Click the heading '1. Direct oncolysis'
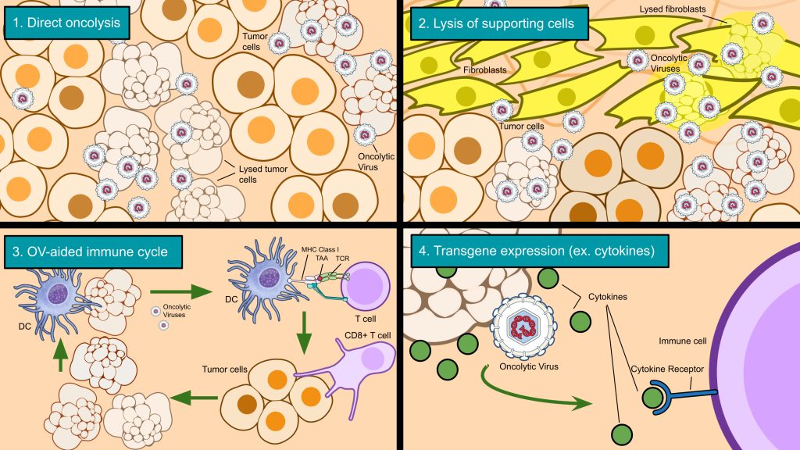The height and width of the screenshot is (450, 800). tap(66, 23)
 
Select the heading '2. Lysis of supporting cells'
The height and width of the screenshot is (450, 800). tap(495, 23)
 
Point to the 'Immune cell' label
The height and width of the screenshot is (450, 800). tap(680, 341)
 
